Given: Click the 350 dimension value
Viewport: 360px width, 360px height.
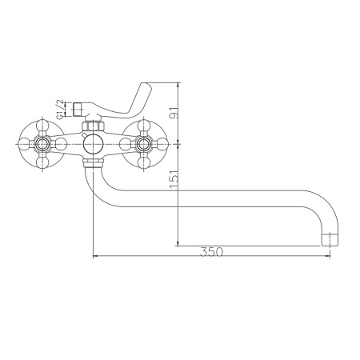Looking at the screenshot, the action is point(211,252).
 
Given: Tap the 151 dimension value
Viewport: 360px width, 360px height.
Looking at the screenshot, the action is point(174,179).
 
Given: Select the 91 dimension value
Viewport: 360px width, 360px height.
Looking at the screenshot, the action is point(174,112).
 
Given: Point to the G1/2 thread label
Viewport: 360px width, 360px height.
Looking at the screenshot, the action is point(60,109).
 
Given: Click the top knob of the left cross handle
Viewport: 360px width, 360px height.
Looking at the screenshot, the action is point(42,126).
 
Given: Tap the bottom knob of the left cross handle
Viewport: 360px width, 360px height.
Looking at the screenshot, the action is point(42,162).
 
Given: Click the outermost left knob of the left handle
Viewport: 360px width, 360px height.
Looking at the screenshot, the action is point(24,144).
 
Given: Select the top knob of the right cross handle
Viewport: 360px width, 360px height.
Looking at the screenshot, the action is point(144,126).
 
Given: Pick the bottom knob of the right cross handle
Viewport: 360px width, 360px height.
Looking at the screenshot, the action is point(144,162).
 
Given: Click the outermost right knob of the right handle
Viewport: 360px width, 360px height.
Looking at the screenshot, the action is point(162,144).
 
